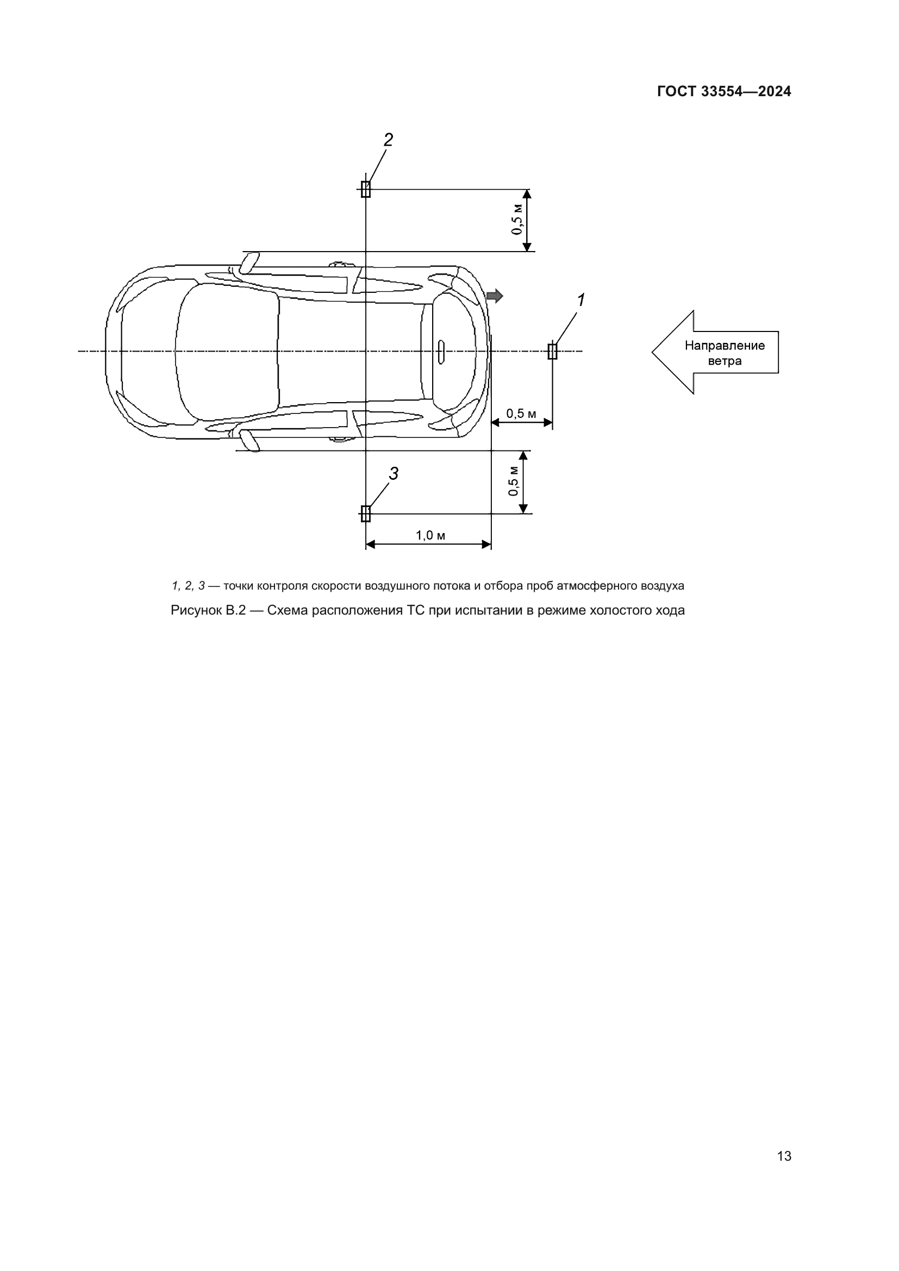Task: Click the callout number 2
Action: (388, 140)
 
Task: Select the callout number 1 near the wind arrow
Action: (580, 300)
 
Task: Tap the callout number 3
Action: (394, 473)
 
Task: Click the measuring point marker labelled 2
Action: (365, 189)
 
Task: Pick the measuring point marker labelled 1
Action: (552, 351)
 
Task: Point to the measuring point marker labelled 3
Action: (365, 514)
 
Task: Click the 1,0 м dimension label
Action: (430, 535)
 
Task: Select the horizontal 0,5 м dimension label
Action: (521, 414)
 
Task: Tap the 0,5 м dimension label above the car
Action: (517, 220)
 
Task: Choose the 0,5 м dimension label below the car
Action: (514, 481)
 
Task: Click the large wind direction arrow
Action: (714, 352)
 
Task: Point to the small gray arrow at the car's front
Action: (494, 296)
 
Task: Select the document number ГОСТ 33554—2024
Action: (723, 91)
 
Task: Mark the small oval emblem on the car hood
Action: (441, 352)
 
